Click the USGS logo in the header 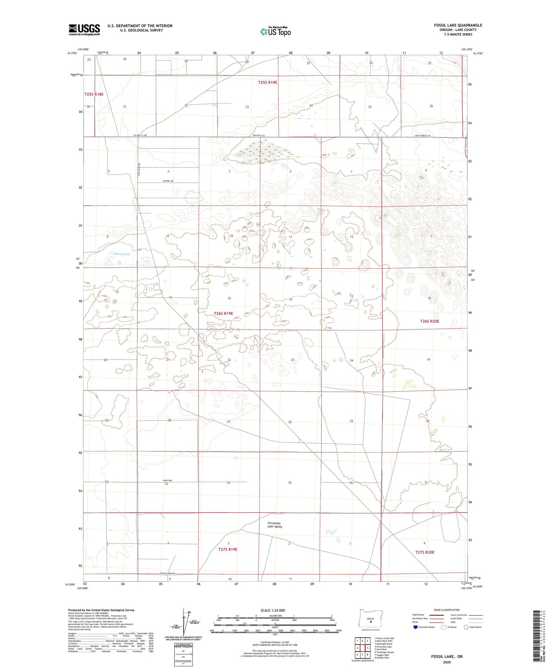coord(84,30)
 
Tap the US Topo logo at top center coord(275,31)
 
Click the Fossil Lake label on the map coord(122,254)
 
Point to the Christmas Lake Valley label coord(275,525)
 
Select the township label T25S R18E coord(94,94)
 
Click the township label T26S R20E coord(430,321)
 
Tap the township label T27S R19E coord(228,549)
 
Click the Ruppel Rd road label coord(168,181)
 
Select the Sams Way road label coord(168,480)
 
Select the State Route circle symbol coord(466,627)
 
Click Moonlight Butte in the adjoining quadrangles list coord(383,644)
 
